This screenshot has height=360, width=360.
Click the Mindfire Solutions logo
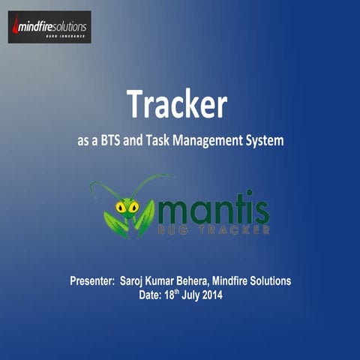pos(49,27)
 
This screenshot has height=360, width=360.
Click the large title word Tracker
pos(176,104)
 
